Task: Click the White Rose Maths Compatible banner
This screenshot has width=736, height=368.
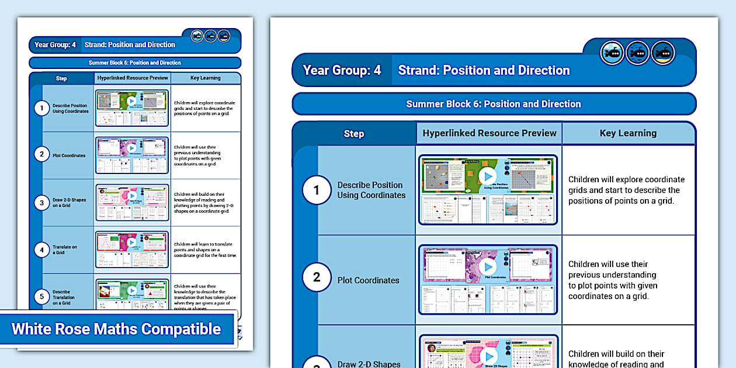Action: [117, 329]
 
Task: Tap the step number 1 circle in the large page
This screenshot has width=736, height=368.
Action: [317, 190]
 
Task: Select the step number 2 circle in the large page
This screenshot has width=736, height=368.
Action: [317, 277]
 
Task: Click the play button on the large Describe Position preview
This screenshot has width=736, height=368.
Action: [487, 176]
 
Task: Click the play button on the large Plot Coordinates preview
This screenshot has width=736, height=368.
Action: [487, 266]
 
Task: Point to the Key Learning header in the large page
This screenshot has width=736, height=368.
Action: [628, 133]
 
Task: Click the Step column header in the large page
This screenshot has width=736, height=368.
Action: [354, 134]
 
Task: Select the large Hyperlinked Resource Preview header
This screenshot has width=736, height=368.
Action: [489, 133]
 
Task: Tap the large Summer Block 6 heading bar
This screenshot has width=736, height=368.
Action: [494, 104]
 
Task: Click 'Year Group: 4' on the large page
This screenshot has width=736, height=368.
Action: [342, 70]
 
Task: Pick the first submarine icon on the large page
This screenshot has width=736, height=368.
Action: [612, 53]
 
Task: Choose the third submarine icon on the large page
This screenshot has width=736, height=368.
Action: [663, 53]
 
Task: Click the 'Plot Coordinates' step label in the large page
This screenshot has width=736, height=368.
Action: [368, 280]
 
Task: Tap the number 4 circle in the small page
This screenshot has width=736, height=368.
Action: [41, 250]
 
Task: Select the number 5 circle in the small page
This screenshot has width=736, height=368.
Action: [41, 297]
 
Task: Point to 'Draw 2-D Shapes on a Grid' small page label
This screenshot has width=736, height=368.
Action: [69, 203]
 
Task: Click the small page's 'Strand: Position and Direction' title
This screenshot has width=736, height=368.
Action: [130, 45]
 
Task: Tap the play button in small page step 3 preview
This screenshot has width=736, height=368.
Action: [132, 195]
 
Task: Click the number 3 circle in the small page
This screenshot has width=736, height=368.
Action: [41, 203]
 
